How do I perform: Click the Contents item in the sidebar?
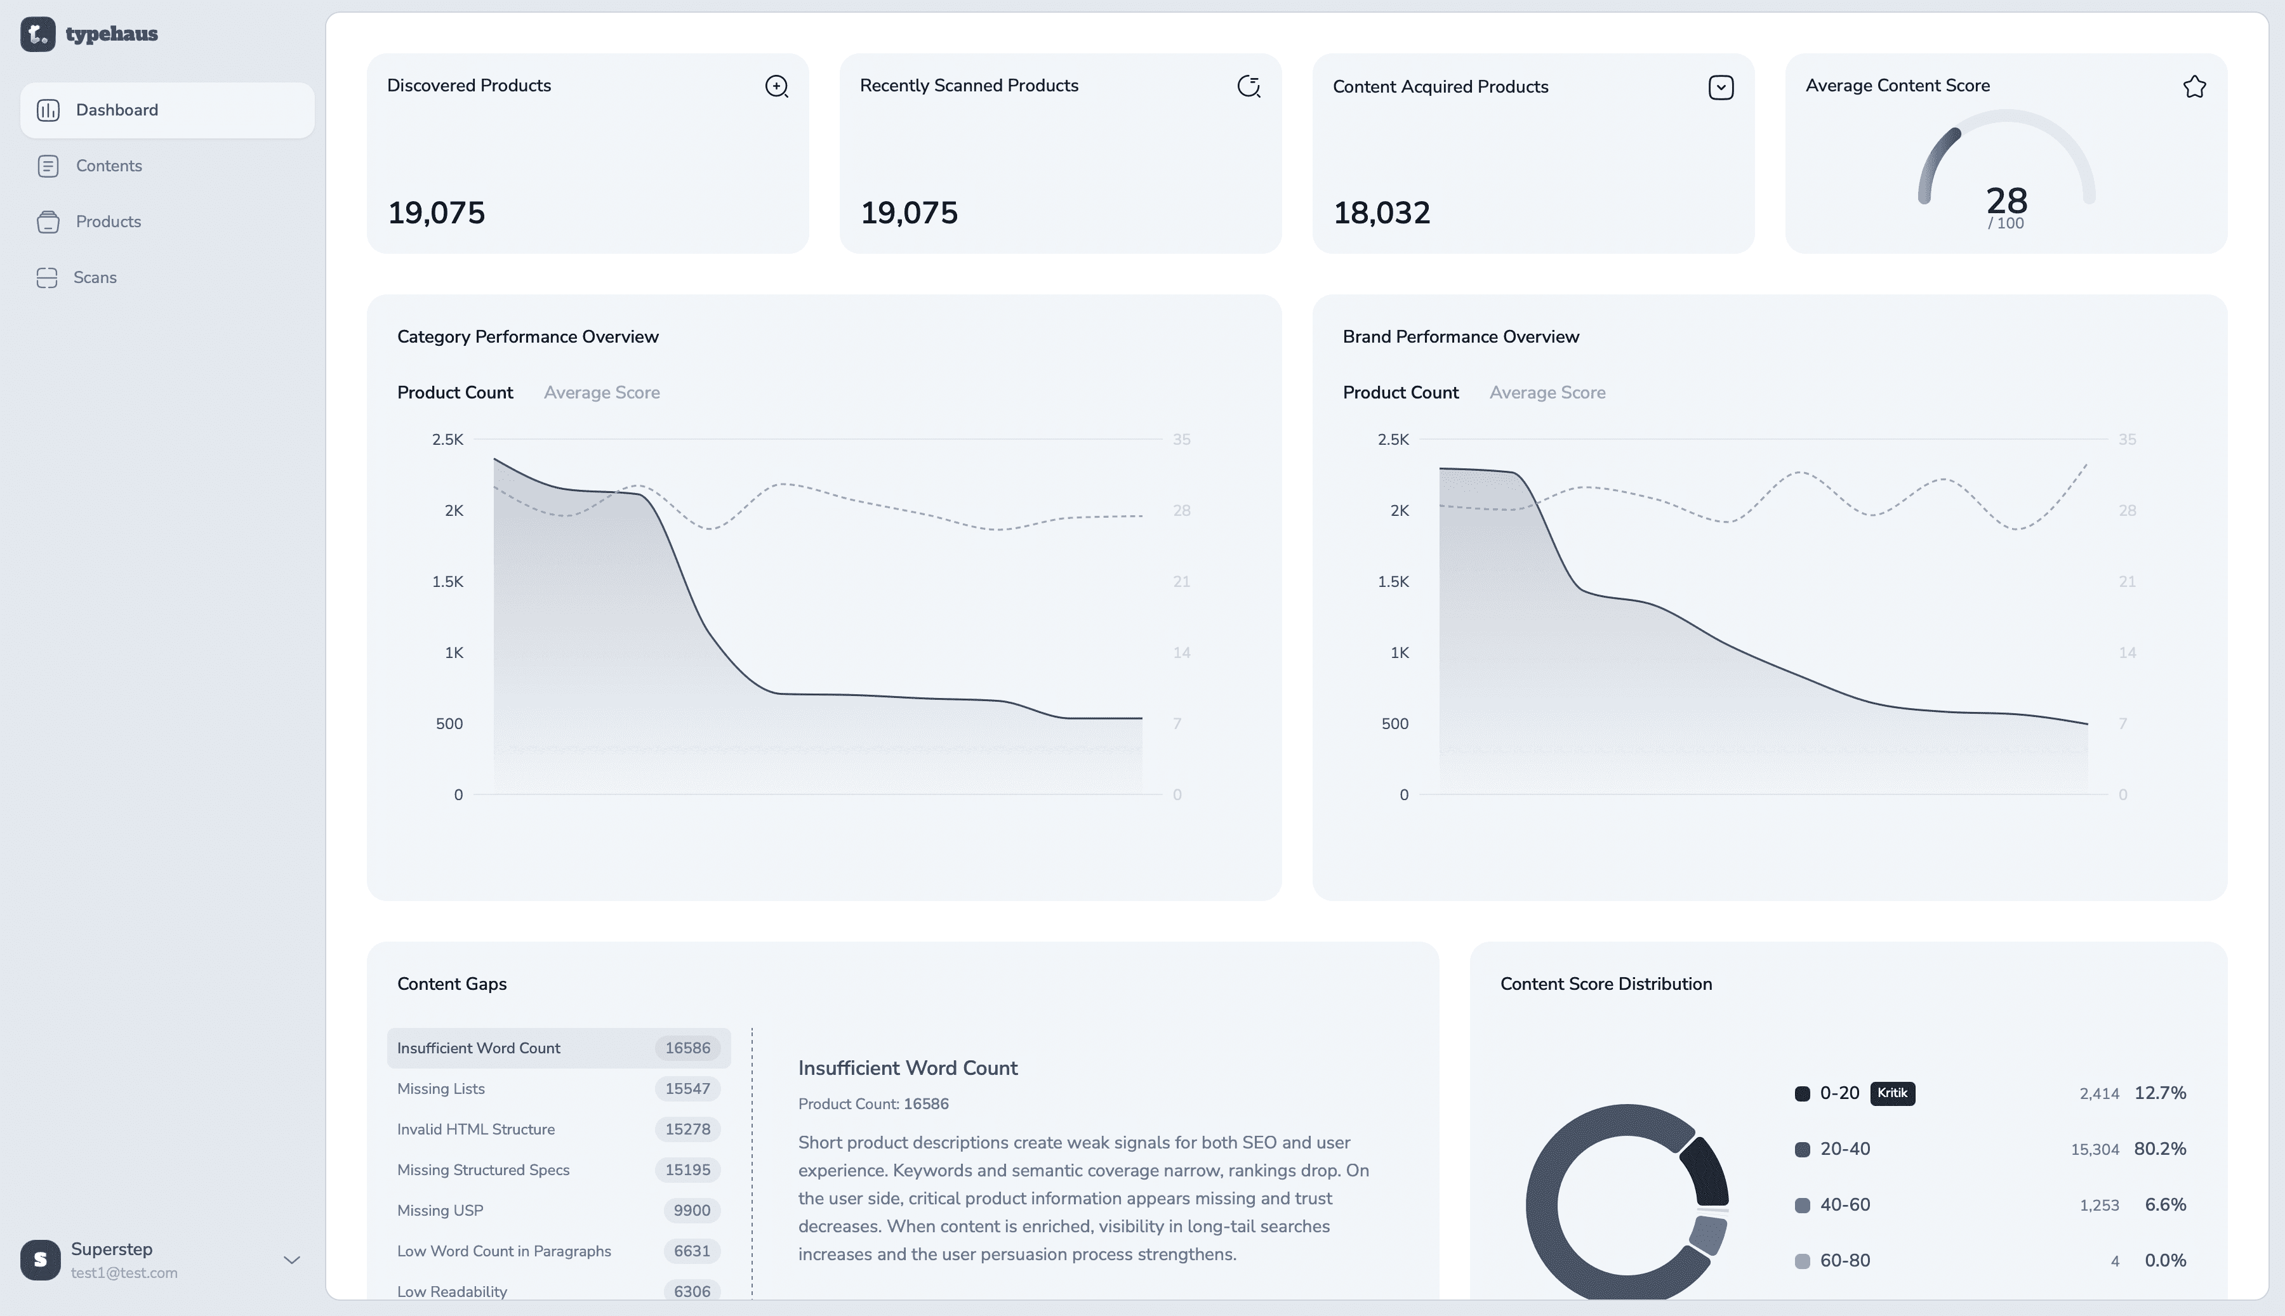[109, 166]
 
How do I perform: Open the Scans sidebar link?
[95, 277]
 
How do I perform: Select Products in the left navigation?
[107, 221]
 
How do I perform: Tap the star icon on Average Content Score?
[2194, 87]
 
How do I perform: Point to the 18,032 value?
[1381, 213]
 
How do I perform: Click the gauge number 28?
[2006, 200]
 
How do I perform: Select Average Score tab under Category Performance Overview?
[601, 392]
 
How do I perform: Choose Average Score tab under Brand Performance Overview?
[1547, 392]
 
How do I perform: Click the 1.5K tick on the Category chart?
[447, 581]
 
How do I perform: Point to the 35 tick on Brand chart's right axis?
[2127, 439]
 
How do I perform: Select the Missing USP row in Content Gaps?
[440, 1210]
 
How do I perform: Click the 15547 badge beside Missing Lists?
[687, 1088]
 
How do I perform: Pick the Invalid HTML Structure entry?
[475, 1129]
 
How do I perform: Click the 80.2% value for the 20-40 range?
[2159, 1148]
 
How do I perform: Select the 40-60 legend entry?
[1844, 1205]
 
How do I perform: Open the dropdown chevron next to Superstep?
[292, 1260]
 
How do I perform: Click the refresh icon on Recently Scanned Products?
[1248, 87]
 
